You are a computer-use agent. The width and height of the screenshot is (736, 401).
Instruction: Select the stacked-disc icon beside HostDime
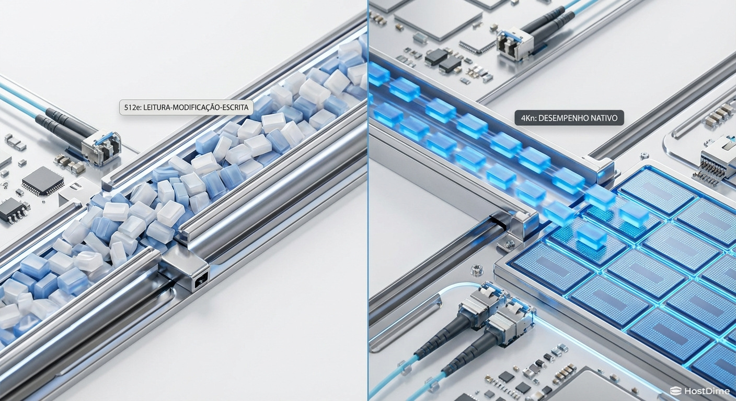pos(676,391)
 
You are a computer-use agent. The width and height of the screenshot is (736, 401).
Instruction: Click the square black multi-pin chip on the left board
pos(42,181)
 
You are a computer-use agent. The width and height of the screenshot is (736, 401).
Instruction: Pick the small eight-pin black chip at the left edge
pos(11,210)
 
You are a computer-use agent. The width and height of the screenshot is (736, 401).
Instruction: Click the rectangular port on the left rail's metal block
pos(200,282)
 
